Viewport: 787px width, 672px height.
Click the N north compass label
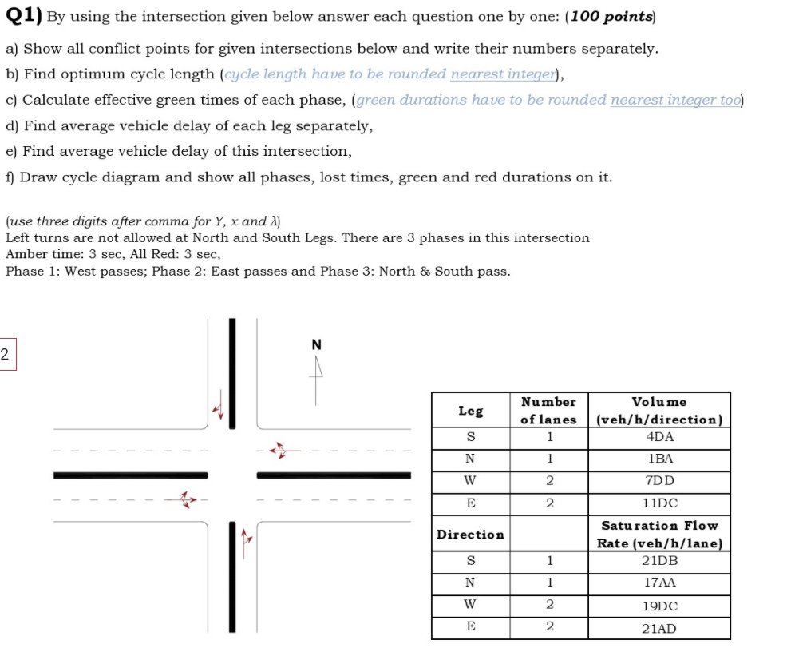316,345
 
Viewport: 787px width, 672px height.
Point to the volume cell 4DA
659,437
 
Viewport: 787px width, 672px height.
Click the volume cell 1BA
659,459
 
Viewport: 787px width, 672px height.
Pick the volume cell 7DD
659,481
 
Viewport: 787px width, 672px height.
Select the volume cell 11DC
659,503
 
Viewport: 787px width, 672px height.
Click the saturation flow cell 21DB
659,561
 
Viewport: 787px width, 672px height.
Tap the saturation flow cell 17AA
659,583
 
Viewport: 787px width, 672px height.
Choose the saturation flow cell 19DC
659,606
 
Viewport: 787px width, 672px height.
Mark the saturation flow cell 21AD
659,628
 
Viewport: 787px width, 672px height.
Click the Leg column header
470,411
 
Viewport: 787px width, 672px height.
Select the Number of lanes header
548,411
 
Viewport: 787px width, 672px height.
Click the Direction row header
470,534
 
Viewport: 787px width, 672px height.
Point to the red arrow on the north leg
218,408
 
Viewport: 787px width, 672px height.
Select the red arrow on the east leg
277,451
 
